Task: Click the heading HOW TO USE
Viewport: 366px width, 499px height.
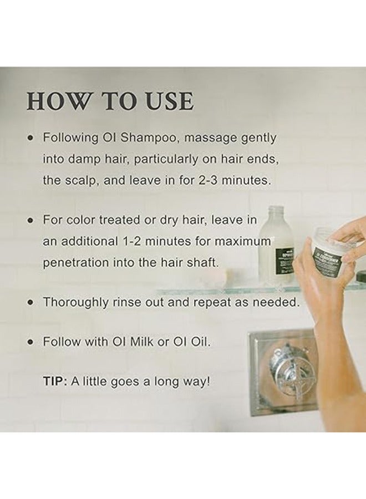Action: point(110,101)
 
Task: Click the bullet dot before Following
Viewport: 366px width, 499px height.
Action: point(31,138)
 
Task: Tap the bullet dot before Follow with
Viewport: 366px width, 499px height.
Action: point(31,342)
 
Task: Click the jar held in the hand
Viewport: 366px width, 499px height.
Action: point(333,252)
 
